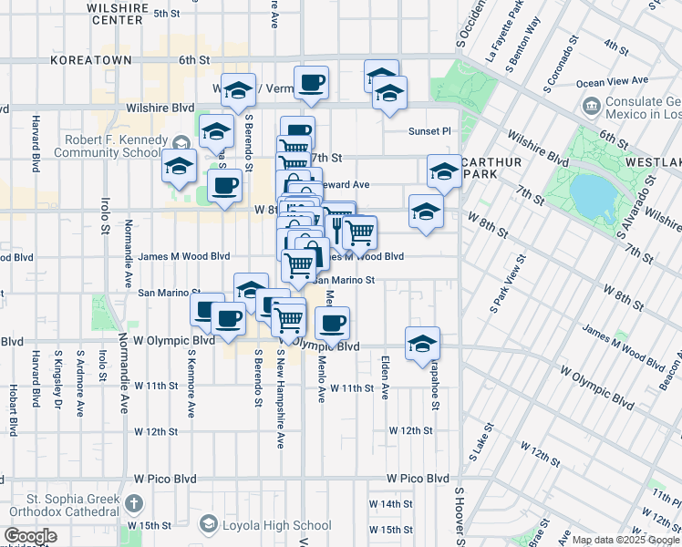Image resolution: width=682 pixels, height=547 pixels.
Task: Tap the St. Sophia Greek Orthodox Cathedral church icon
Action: (x=134, y=503)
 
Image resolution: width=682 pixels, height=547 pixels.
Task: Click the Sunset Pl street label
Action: (x=429, y=130)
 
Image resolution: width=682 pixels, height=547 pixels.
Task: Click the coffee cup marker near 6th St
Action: (x=311, y=83)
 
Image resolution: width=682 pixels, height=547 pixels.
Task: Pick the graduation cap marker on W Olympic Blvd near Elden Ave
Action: (x=422, y=344)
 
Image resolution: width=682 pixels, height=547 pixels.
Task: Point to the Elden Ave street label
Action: (x=385, y=378)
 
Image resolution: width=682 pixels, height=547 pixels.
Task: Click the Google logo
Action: (x=30, y=536)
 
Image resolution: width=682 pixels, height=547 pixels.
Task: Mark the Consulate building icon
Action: (x=591, y=108)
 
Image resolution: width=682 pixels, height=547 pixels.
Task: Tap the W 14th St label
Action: (x=391, y=503)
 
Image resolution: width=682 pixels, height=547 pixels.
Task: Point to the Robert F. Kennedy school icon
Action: (x=181, y=142)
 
